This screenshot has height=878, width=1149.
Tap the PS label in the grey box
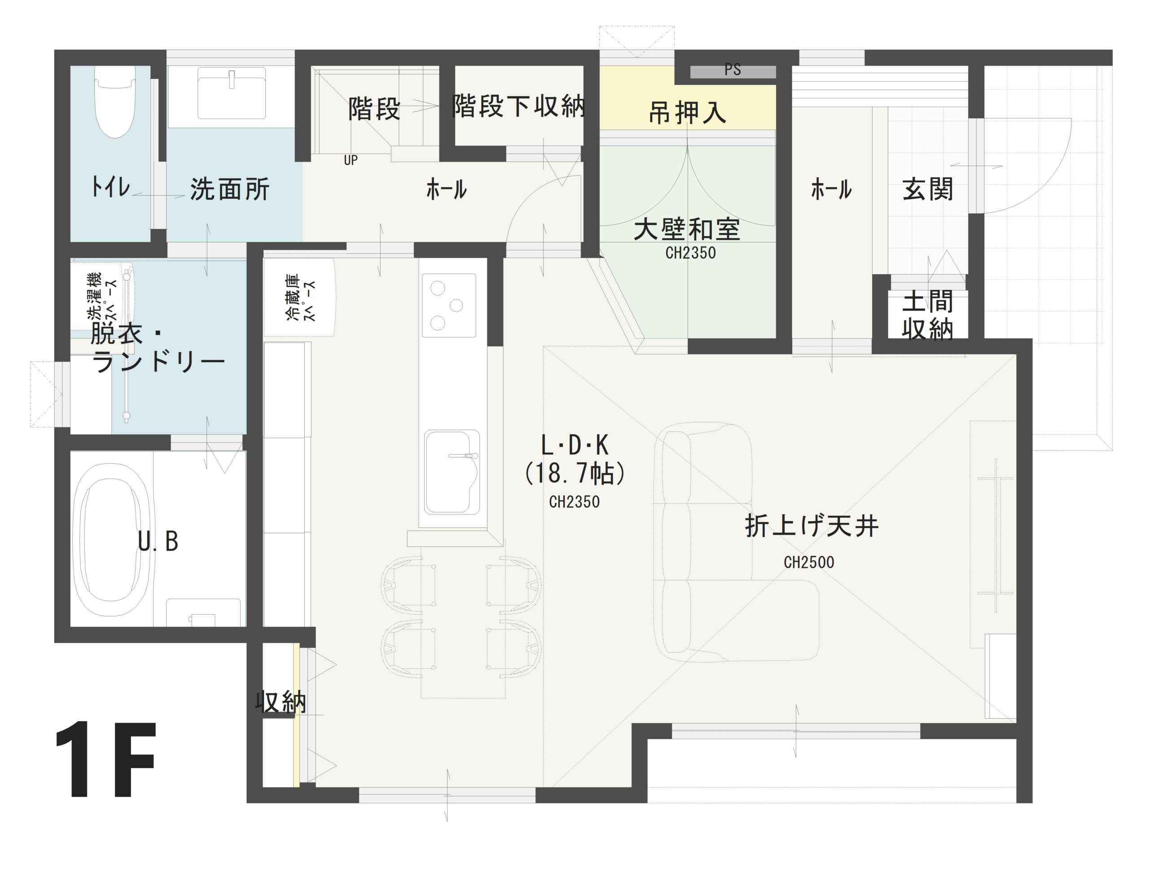pos(732,70)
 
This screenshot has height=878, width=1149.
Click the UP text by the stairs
pos(351,160)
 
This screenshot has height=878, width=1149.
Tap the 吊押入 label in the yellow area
pos(687,113)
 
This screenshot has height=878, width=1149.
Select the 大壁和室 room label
pos(687,230)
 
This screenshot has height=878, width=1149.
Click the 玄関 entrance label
pos(927,189)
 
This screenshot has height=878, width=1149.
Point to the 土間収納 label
pos(927,315)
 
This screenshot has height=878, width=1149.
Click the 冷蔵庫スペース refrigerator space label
pos(300,297)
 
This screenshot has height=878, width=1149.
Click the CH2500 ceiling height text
pos(809,562)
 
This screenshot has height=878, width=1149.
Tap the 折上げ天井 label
pos(811,526)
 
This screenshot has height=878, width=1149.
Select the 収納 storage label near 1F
pos(281,702)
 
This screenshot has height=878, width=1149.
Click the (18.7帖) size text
pos(574,474)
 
